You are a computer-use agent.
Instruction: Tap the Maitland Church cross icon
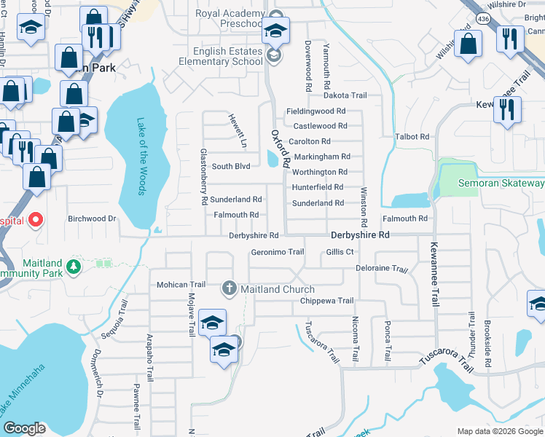(229, 289)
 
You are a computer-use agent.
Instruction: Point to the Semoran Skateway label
(501, 184)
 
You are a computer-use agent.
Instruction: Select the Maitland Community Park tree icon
(73, 267)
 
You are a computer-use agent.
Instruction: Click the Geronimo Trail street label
(277, 252)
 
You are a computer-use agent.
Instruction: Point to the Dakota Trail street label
(345, 95)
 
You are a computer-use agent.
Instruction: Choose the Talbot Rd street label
(412, 136)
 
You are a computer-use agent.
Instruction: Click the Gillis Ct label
(340, 252)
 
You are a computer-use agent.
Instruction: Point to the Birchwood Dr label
(92, 218)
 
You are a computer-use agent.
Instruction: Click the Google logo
(24, 428)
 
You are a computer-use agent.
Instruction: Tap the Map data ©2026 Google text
(499, 431)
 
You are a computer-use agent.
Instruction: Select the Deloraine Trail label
(381, 269)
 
